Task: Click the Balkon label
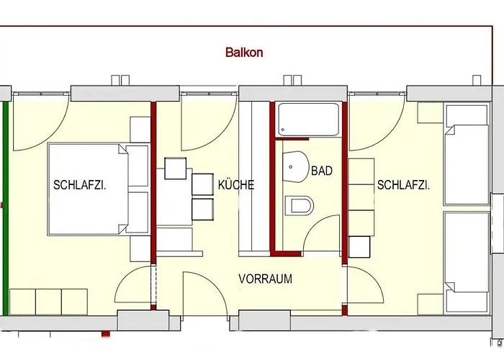(244, 52)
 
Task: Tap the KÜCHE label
(236, 185)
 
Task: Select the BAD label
(321, 171)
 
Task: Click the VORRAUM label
(265, 279)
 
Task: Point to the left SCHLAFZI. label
(80, 185)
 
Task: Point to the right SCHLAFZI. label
(403, 185)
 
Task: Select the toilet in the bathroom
(300, 206)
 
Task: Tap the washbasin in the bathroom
(295, 167)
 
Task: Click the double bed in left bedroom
(90, 189)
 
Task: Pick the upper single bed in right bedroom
(466, 155)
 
